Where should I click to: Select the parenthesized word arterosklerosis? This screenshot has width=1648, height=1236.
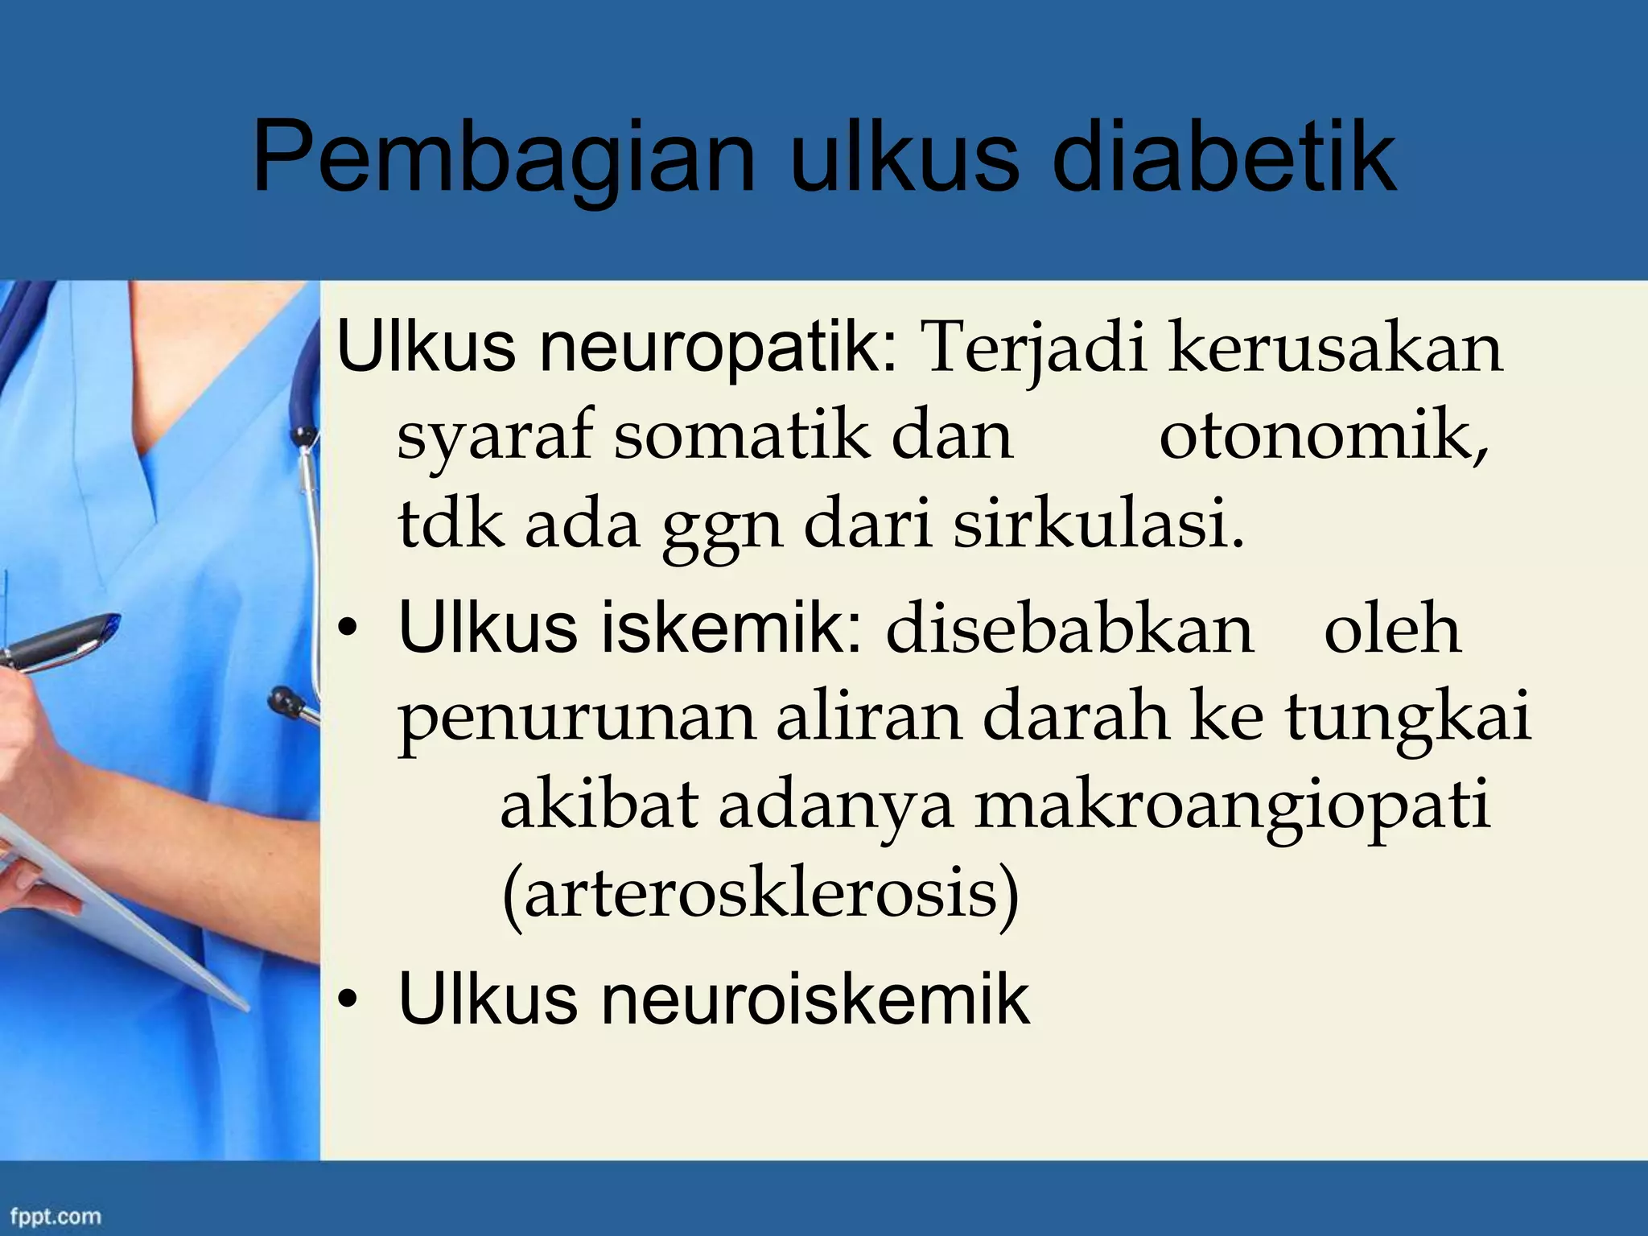(x=760, y=896)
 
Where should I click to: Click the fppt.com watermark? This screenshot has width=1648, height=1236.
(x=56, y=1215)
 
